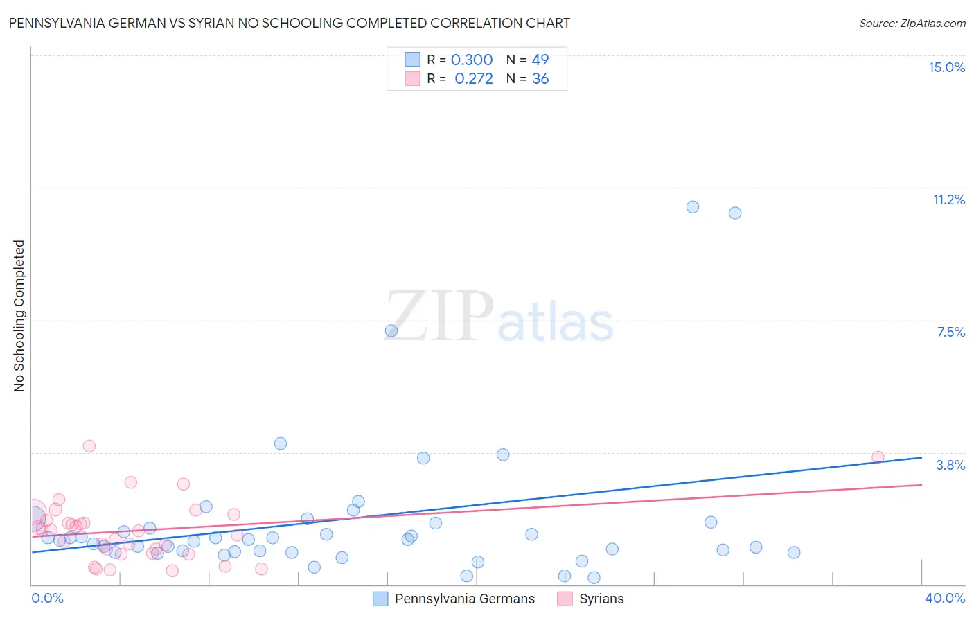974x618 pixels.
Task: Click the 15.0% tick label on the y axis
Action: point(946,67)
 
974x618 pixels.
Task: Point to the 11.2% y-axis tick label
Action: point(948,200)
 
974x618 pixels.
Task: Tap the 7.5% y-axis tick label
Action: point(950,332)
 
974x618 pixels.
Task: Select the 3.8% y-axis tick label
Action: point(950,465)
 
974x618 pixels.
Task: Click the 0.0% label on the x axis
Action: point(48,598)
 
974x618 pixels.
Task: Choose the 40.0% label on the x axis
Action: point(944,598)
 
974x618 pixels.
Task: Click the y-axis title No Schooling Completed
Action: point(19,316)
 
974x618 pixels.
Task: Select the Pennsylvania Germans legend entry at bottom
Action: point(454,599)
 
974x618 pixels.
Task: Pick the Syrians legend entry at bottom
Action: point(591,599)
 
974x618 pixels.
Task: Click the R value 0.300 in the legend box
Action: point(472,60)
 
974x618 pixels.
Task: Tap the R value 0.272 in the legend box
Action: point(474,79)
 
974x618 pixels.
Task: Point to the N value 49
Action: point(540,60)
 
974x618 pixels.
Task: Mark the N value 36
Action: point(540,79)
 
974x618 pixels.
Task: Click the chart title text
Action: point(290,23)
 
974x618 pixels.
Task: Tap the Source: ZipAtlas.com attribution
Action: point(912,24)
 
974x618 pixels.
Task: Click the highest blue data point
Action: point(693,207)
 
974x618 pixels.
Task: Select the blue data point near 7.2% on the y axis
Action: point(391,331)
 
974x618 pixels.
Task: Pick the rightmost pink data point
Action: point(878,457)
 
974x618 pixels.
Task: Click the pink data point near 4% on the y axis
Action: point(89,446)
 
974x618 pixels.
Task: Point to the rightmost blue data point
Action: point(794,553)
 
